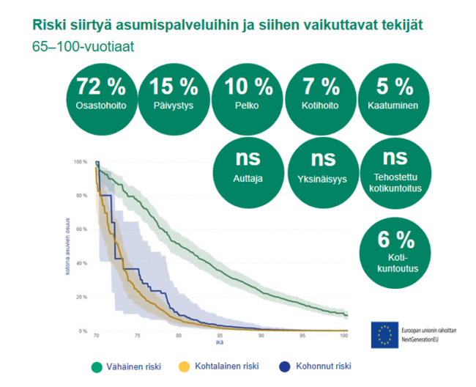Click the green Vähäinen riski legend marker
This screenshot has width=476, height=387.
coord(94,366)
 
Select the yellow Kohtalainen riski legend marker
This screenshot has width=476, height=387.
coord(185,366)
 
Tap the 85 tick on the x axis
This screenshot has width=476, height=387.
coord(220,336)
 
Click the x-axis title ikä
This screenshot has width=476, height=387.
coord(220,343)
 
